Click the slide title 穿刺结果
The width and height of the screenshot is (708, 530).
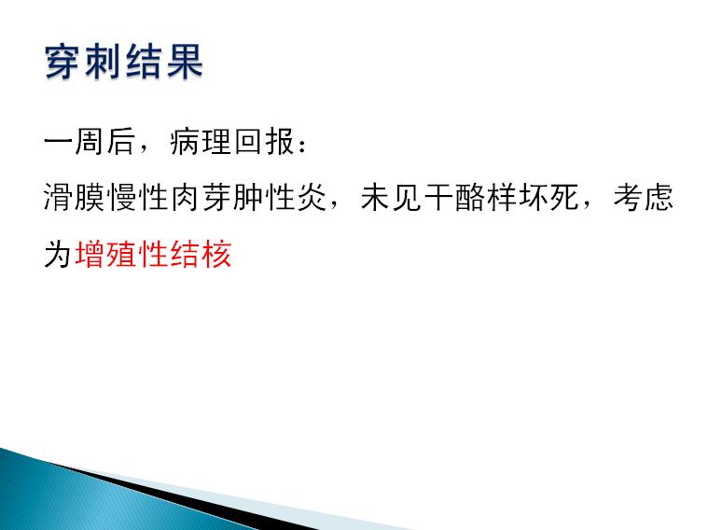(124, 62)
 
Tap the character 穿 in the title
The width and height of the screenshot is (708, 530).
(62, 62)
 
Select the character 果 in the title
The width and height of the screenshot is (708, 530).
(185, 62)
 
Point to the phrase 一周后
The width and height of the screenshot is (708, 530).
(90, 142)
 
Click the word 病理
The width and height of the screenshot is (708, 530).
(201, 142)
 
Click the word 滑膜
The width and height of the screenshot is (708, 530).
(74, 198)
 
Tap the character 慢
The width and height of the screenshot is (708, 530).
(122, 198)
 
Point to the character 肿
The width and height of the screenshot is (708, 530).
(248, 198)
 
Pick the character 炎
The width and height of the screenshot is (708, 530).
(312, 198)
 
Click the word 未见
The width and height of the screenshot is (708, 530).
(392, 198)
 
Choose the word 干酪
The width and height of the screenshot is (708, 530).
(454, 198)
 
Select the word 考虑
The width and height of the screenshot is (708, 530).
(644, 198)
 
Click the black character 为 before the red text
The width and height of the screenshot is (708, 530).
(58, 254)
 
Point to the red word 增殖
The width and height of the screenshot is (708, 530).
(105, 254)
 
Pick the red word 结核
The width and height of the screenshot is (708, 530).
(201, 254)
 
